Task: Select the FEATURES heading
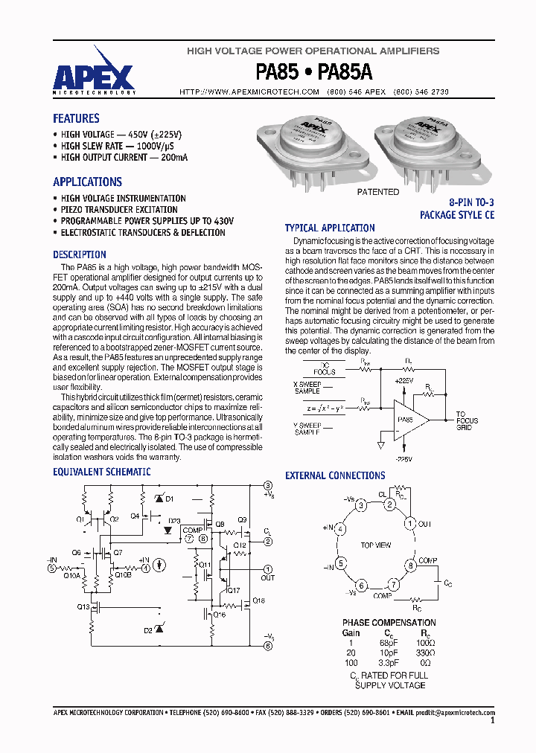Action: pyautogui.click(x=76, y=118)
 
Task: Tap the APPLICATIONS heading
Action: pyautogui.click(x=87, y=182)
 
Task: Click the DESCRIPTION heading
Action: pyautogui.click(x=80, y=254)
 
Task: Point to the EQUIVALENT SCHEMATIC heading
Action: pyautogui.click(x=101, y=472)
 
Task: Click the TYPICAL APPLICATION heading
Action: pyautogui.click(x=330, y=228)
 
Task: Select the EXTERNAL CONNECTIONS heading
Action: pyautogui.click(x=335, y=475)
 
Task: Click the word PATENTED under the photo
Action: pyautogui.click(x=378, y=192)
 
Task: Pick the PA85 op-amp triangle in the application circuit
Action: pyautogui.click(x=409, y=420)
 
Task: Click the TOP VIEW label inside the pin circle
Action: pyautogui.click(x=375, y=545)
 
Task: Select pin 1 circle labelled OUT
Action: pyautogui.click(x=409, y=523)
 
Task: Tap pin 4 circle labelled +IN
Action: pyautogui.click(x=340, y=529)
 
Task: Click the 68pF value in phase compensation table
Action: pyautogui.click(x=388, y=642)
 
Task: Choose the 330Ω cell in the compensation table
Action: pyautogui.click(x=425, y=652)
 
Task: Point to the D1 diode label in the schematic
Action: pyautogui.click(x=169, y=498)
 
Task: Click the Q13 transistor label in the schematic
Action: pyautogui.click(x=83, y=607)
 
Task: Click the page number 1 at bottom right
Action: pyautogui.click(x=492, y=721)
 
